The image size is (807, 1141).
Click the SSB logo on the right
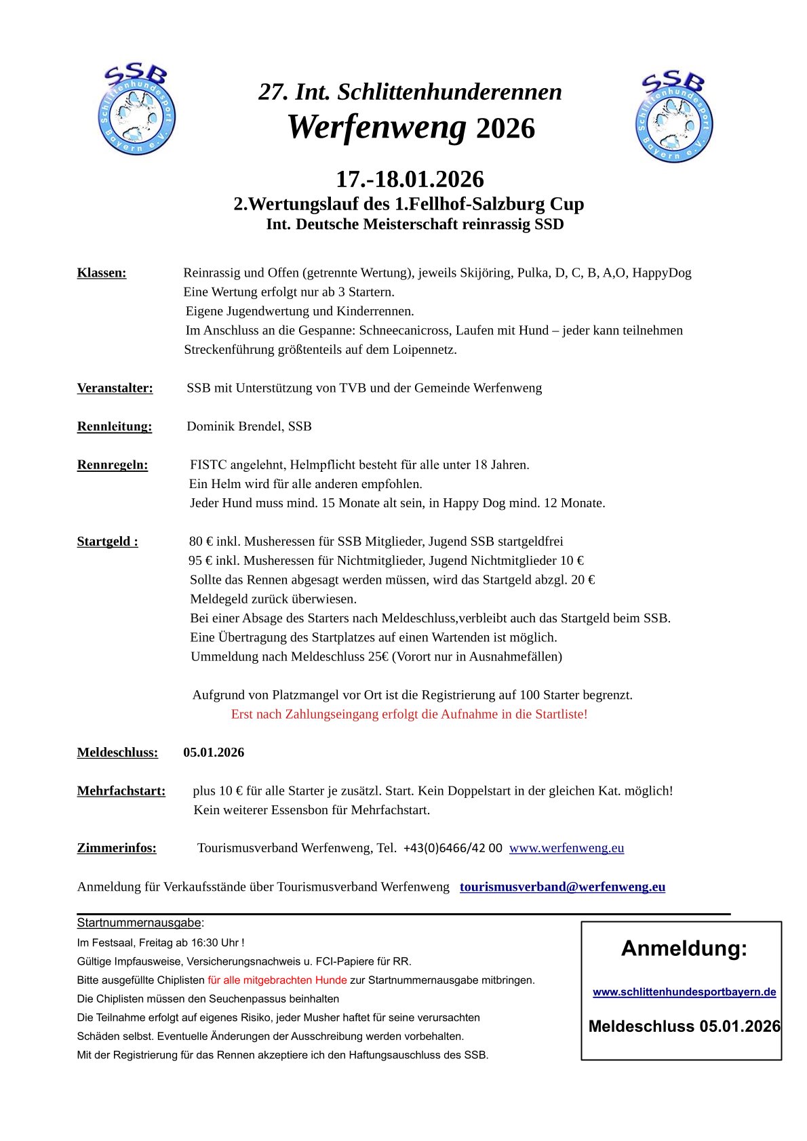pyautogui.click(x=674, y=117)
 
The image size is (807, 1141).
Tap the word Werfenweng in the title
pyautogui.click(x=377, y=127)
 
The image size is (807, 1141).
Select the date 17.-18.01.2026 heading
pyautogui.click(x=410, y=179)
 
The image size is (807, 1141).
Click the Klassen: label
pyautogui.click(x=102, y=273)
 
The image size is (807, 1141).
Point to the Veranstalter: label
pyautogui.click(x=115, y=388)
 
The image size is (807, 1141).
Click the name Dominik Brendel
pyautogui.click(x=235, y=426)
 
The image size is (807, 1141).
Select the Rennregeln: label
pyautogui.click(x=113, y=465)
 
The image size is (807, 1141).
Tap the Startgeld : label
pyautogui.click(x=108, y=542)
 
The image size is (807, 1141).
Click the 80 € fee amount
pyautogui.click(x=201, y=542)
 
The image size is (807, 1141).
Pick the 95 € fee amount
pyautogui.click(x=201, y=561)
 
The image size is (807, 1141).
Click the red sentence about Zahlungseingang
pyautogui.click(x=409, y=715)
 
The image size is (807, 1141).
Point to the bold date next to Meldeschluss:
pyautogui.click(x=214, y=753)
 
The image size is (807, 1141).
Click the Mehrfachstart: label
pyautogui.click(x=121, y=791)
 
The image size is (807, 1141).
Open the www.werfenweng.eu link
pyautogui.click(x=566, y=848)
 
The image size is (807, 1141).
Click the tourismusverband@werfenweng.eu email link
pyautogui.click(x=562, y=887)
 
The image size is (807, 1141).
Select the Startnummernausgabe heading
pyautogui.click(x=139, y=923)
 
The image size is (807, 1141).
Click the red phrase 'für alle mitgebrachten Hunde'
pyautogui.click(x=277, y=980)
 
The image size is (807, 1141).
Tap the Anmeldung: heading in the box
pyautogui.click(x=684, y=948)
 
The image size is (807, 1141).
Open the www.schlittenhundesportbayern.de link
pyautogui.click(x=684, y=992)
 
